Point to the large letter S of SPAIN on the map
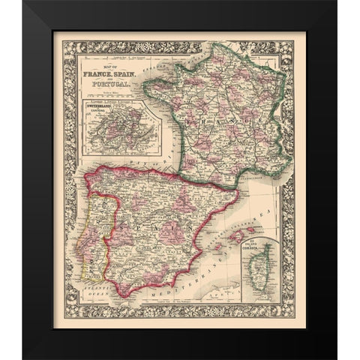click(x=122, y=225)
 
